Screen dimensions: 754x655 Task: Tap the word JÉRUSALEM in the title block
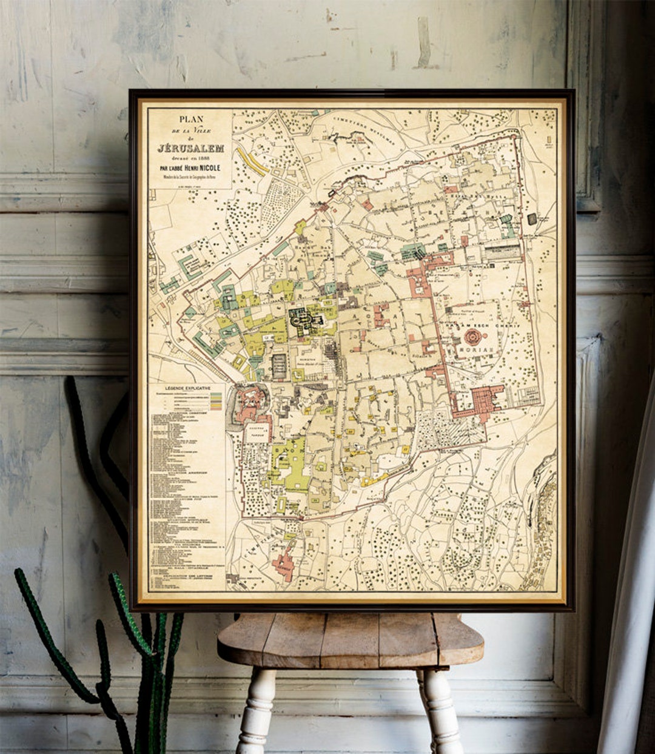190,148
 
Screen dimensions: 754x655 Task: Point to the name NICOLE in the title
206,168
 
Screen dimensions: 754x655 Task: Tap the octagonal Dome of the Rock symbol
472,336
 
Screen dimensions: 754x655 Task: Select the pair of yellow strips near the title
253,161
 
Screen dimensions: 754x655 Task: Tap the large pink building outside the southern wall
283,565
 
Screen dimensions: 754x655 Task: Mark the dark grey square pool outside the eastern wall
532,219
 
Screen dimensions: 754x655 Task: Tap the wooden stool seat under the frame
350,638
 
